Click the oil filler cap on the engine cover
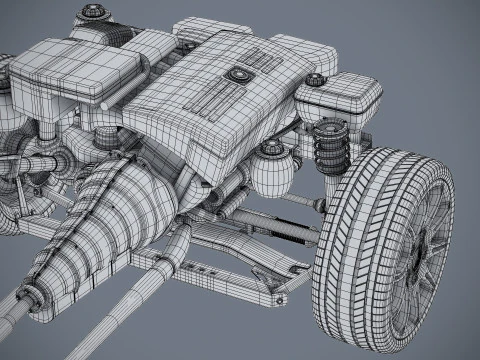coord(240,74)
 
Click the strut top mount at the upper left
coord(93,13)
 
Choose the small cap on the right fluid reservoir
coord(316,79)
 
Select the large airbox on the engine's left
coord(75,70)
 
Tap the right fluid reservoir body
coord(340,100)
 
